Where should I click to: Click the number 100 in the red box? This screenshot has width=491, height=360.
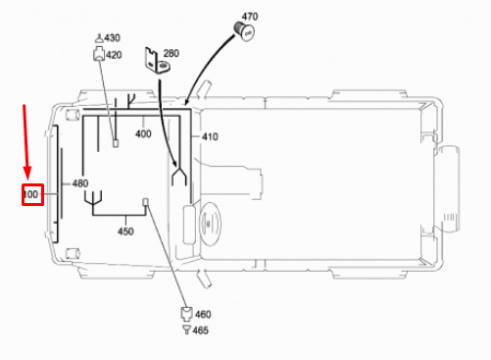tap(30, 195)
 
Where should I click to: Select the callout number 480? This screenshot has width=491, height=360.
tap(79, 183)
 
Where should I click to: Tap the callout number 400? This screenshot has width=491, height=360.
tap(143, 133)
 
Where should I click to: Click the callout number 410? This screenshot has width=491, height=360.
tap(210, 136)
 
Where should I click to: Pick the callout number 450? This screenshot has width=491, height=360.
tap(125, 231)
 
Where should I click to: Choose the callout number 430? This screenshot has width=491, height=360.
tap(113, 37)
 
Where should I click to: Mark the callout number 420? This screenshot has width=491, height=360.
tap(114, 55)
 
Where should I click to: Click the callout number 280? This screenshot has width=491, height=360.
tap(172, 53)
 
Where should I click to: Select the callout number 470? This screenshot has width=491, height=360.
tap(250, 17)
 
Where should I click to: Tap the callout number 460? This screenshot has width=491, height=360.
tap(202, 314)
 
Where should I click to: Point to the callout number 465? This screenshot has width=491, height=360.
tap(202, 332)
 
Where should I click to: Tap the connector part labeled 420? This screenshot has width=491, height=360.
tap(98, 55)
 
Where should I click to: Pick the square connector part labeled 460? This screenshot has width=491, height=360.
tap(184, 314)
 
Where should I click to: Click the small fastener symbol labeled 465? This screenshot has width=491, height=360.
tap(184, 332)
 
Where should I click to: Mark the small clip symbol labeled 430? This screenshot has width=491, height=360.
tap(98, 37)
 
